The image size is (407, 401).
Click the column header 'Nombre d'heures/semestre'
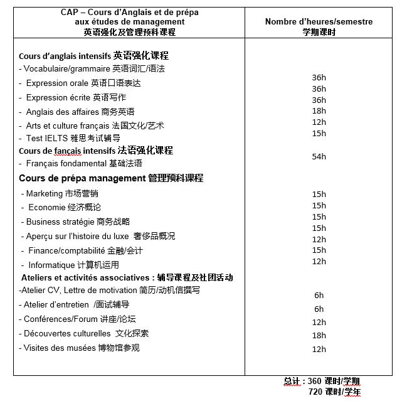319,22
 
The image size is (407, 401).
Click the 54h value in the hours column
319,156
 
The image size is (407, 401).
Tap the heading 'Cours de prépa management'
82,178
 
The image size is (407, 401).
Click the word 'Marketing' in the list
45,193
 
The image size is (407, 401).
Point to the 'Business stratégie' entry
60,222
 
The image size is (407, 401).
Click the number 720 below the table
316,392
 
